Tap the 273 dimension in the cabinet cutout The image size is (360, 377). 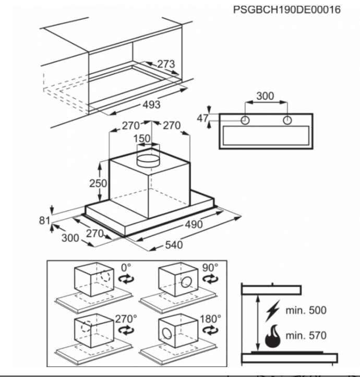pos(165,64)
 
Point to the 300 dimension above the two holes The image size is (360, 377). pos(265,96)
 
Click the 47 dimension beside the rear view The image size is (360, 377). pos(203,119)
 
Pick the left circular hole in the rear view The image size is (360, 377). pos(245,121)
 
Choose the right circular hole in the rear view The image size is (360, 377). pos(286,121)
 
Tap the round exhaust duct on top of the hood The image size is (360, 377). pos(148,159)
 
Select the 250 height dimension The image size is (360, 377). pos(98,183)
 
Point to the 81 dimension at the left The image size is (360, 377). pos(44,221)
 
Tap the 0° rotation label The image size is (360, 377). pos(126,267)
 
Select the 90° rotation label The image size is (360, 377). pos(210,267)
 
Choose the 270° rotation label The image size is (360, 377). pos(125,318)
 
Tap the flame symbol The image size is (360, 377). pos(272,337)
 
